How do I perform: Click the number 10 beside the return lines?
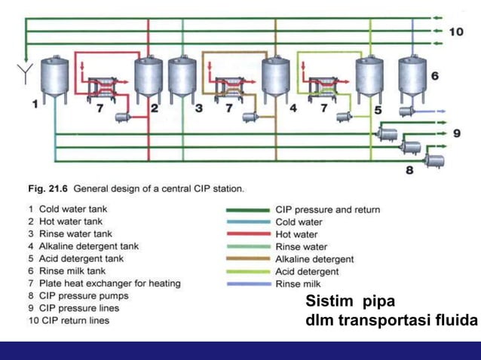pos(456,32)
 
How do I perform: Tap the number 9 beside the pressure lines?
pos(456,133)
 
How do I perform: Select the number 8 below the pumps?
pos(409,171)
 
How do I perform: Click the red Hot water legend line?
pos(247,234)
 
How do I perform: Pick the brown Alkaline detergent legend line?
pos(247,259)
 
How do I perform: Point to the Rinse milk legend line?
pos(247,284)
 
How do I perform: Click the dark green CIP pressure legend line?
pos(247,210)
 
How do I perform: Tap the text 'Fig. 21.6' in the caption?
pos(47,188)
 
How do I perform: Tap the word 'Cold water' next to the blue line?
pos(299,222)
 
